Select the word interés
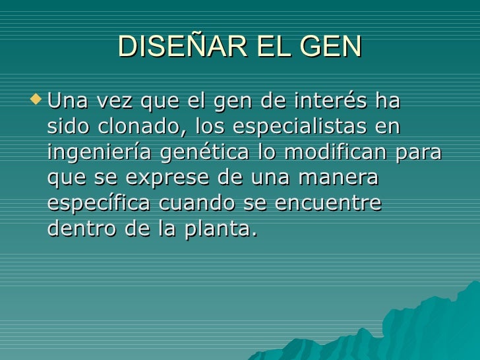pyautogui.click(x=330, y=103)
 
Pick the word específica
pyautogui.click(x=100, y=204)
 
